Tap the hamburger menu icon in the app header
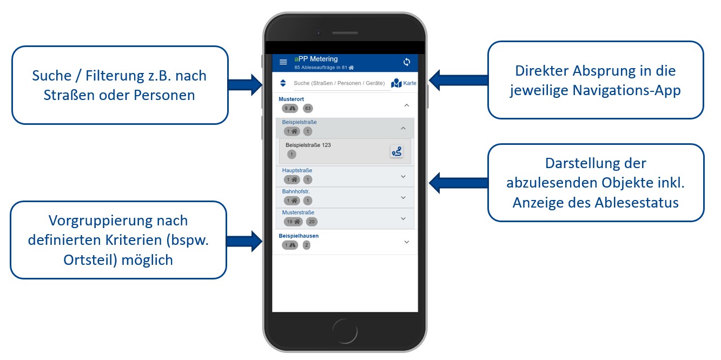coord(283,62)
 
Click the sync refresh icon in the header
coord(407,62)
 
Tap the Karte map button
coord(404,83)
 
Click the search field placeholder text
coord(339,83)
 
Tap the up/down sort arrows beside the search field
coord(283,83)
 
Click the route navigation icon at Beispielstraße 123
coord(396,151)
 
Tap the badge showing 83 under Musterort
coord(308,108)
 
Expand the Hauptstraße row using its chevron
coord(402,176)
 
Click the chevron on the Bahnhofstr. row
coord(402,197)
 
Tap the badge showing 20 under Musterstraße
coord(312,222)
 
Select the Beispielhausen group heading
coord(299,236)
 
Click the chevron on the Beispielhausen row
coord(407,242)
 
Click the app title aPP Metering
coord(316,59)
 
